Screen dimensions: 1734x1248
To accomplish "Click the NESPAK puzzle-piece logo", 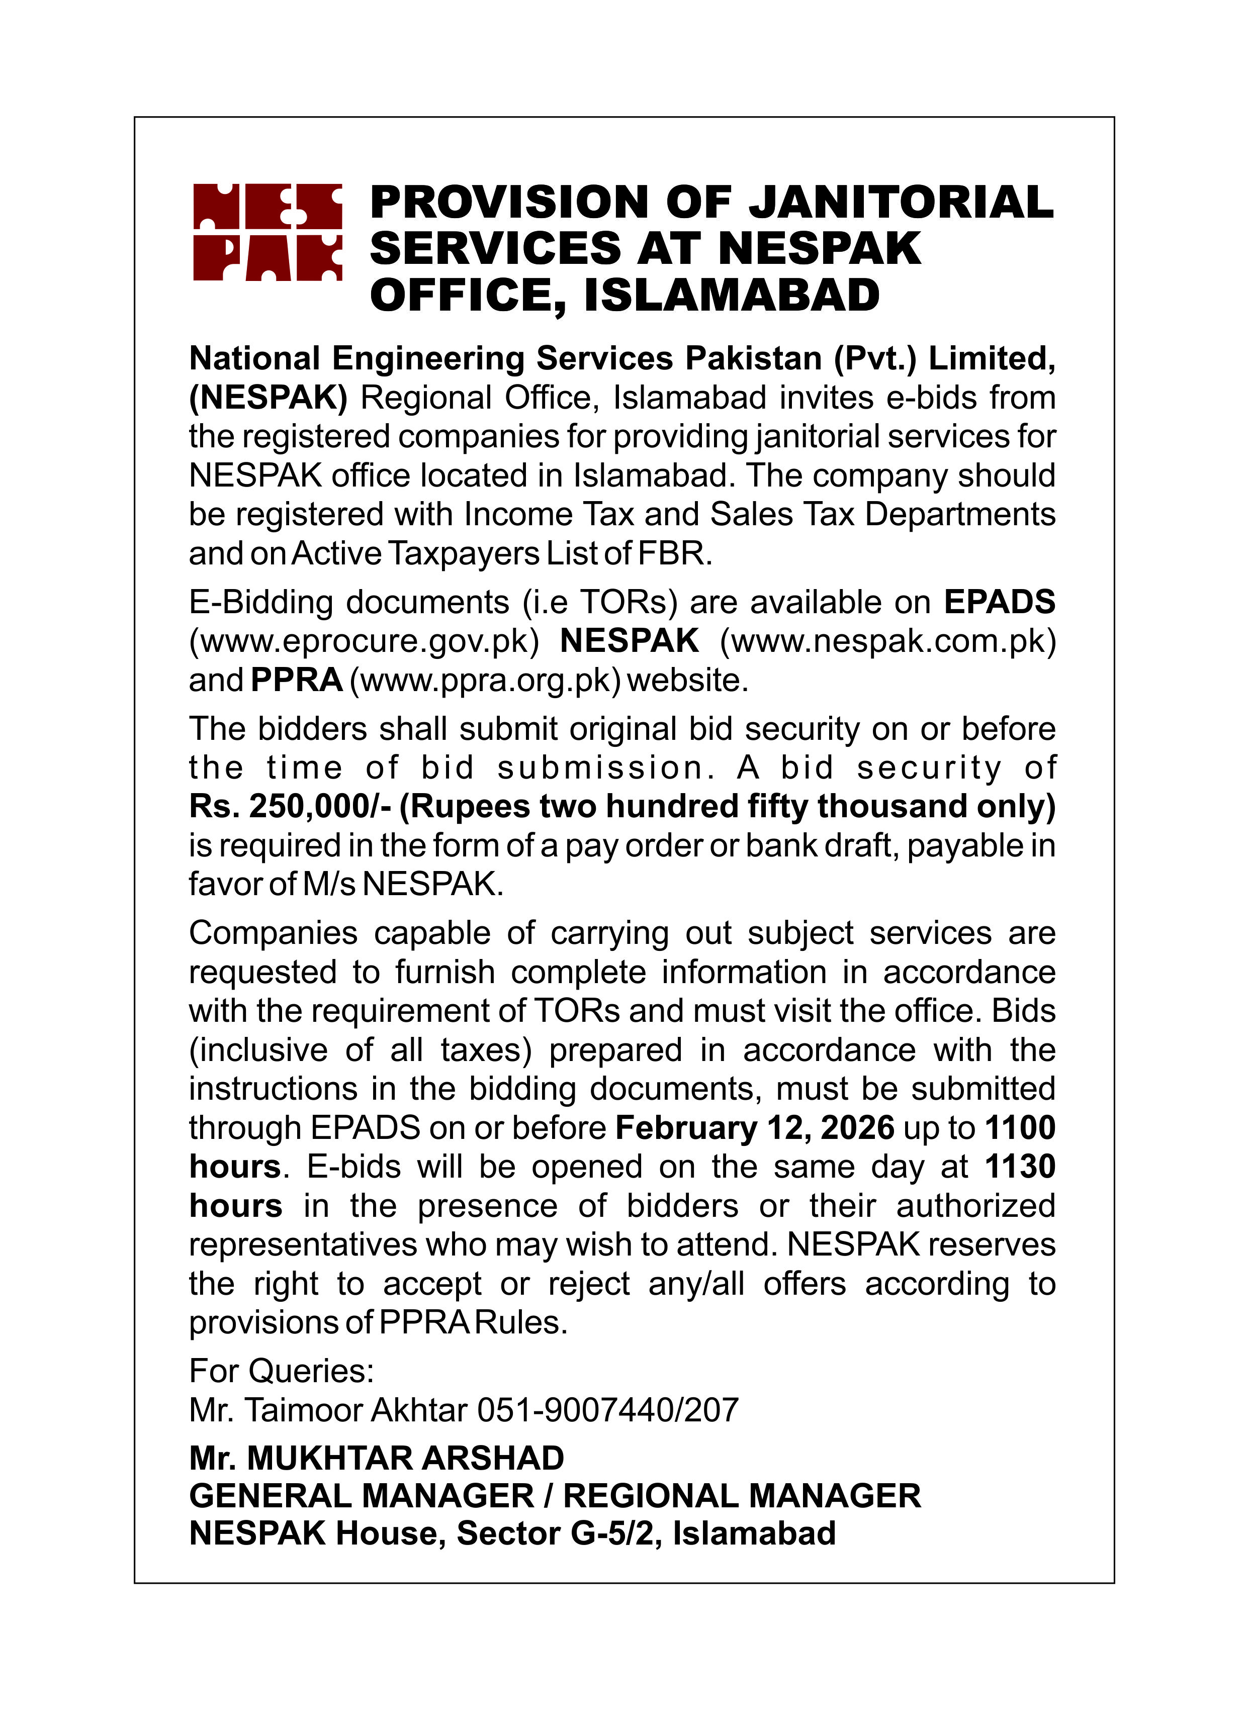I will click(267, 232).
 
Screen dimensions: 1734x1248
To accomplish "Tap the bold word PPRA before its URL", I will click(297, 680).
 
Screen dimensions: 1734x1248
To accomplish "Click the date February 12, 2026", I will click(754, 1128).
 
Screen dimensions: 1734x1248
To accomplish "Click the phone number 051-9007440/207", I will click(608, 1410).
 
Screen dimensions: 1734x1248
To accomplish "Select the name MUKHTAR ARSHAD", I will click(405, 1458).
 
